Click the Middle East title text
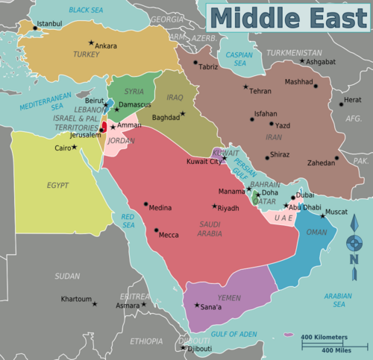tap(287, 16)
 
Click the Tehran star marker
tap(244, 87)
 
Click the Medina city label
tap(160, 208)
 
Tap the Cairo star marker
tap(74, 147)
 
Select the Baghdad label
tap(166, 117)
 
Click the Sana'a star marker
tap(197, 305)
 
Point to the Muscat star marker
tap(323, 216)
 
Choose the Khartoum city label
tap(75, 299)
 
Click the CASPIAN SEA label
tap(239, 59)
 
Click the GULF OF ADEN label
tap(233, 335)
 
